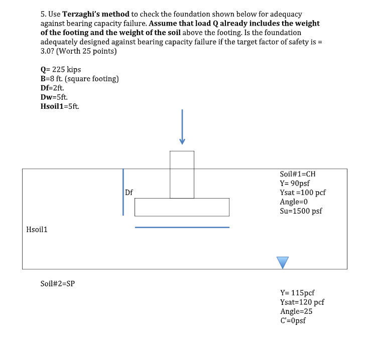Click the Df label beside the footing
(x=129, y=192)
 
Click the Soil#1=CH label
(x=298, y=174)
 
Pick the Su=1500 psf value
(x=300, y=211)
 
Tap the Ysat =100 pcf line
(x=303, y=193)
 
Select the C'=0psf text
(x=293, y=320)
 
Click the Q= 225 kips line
(x=60, y=70)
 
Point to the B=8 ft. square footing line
(x=79, y=79)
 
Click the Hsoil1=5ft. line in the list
(x=60, y=106)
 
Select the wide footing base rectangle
(x=182, y=207)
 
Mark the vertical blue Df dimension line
(x=123, y=192)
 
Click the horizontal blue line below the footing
(x=182, y=227)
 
